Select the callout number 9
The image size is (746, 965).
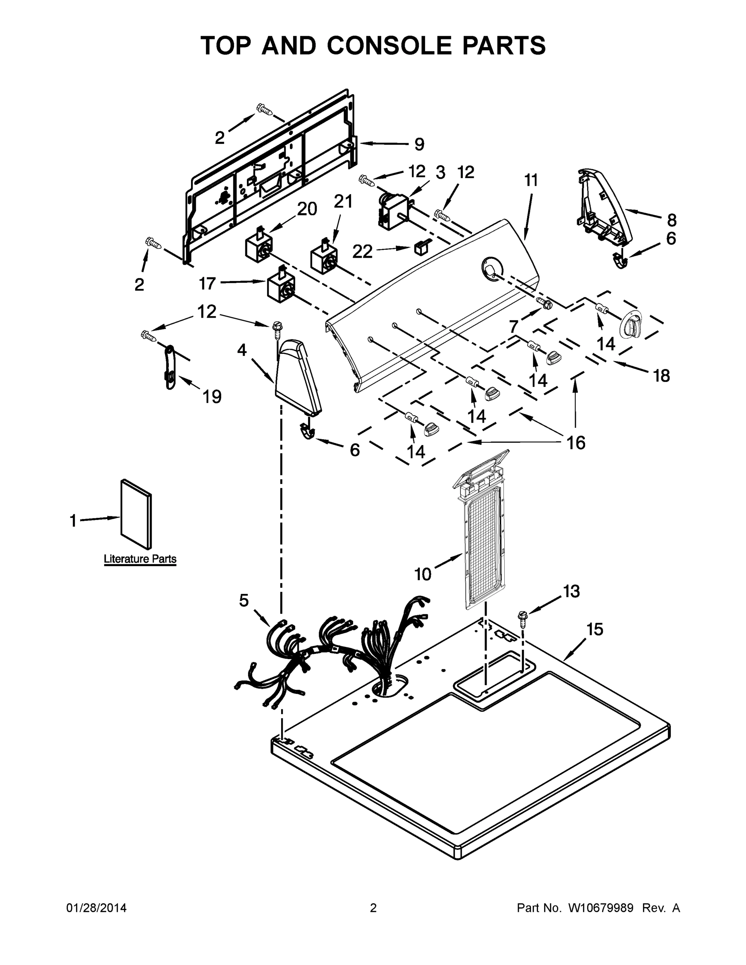tap(419, 144)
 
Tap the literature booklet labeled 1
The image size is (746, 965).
tap(136, 514)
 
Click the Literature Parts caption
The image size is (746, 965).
tap(140, 559)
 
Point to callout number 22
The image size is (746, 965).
tap(362, 251)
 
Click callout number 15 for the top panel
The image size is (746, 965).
tap(595, 629)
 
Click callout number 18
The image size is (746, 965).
tap(662, 376)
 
